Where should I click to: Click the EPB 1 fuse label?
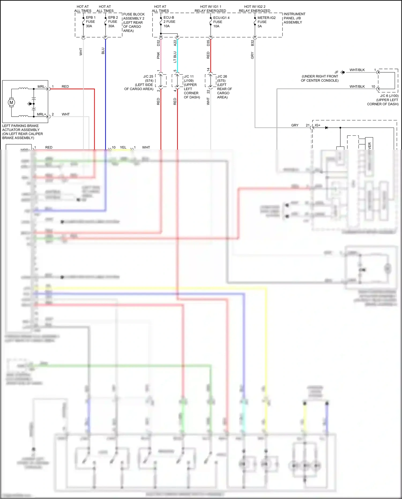(90, 22)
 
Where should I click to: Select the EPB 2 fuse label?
(113, 22)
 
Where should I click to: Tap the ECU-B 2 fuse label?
(169, 22)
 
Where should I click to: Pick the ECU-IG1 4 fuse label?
(221, 22)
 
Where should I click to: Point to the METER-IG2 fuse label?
(266, 22)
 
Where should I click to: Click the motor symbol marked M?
(11, 102)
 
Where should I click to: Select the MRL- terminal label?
(42, 87)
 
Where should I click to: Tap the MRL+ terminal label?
(41, 114)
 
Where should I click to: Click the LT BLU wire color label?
(175, 57)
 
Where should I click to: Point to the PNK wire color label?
(158, 56)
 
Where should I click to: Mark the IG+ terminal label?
(318, 125)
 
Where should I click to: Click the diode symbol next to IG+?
(326, 128)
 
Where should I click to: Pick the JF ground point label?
(336, 72)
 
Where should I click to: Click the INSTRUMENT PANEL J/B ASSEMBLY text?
(294, 18)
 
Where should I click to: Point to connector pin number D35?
(208, 43)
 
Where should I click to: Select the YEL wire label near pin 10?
(123, 147)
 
